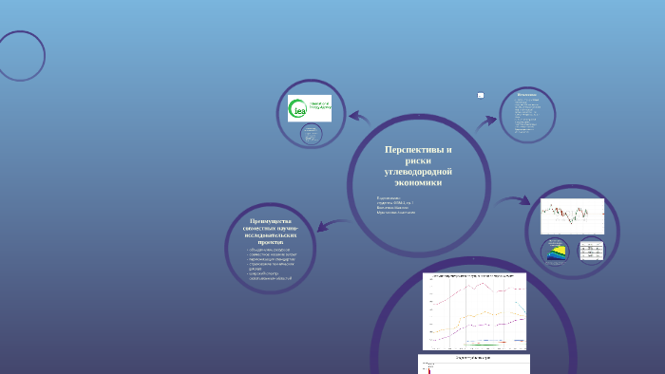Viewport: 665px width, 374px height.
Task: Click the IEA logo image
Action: (x=310, y=108)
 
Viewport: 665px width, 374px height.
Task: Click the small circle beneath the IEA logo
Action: (x=311, y=136)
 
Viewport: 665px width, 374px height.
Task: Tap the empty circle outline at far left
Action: (x=20, y=56)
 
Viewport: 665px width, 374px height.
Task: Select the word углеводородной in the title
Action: (x=418, y=171)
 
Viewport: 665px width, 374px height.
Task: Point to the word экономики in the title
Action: (x=418, y=181)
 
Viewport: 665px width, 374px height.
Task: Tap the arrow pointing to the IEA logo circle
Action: (x=359, y=118)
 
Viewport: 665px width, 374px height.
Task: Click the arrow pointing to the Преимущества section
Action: (x=322, y=226)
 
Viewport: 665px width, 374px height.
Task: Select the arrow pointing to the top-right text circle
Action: (x=485, y=120)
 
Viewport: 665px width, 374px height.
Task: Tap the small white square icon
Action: (x=481, y=95)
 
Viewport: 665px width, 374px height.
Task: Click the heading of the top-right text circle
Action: (x=527, y=95)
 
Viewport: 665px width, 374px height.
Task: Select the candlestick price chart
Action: (x=571, y=216)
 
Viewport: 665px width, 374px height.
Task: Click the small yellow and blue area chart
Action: (x=557, y=252)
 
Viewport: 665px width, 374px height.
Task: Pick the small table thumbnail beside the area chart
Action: (x=591, y=252)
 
